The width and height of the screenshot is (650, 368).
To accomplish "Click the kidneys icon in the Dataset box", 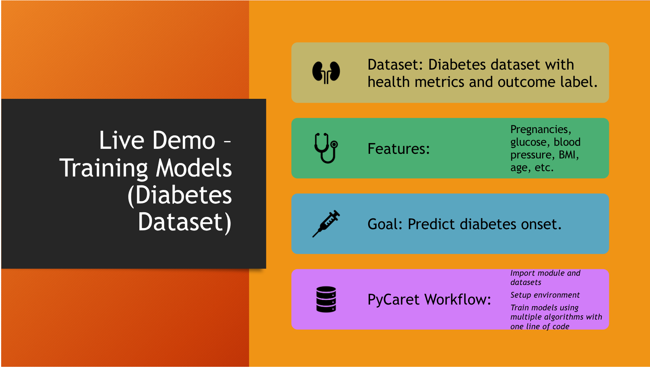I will (x=326, y=72).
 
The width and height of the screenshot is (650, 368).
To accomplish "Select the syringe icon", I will (x=326, y=223).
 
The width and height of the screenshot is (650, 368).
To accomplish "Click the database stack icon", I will (x=326, y=299).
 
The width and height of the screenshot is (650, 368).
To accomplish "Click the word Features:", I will (x=399, y=149).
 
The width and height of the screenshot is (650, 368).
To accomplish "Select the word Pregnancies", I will (x=539, y=130).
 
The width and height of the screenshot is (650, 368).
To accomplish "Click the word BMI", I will (x=567, y=155).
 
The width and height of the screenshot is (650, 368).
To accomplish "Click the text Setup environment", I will (x=545, y=295).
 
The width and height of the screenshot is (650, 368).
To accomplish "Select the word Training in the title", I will (x=104, y=168).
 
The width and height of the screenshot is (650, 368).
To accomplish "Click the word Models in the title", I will (x=194, y=168).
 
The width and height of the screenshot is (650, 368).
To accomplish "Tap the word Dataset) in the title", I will (x=185, y=222).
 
